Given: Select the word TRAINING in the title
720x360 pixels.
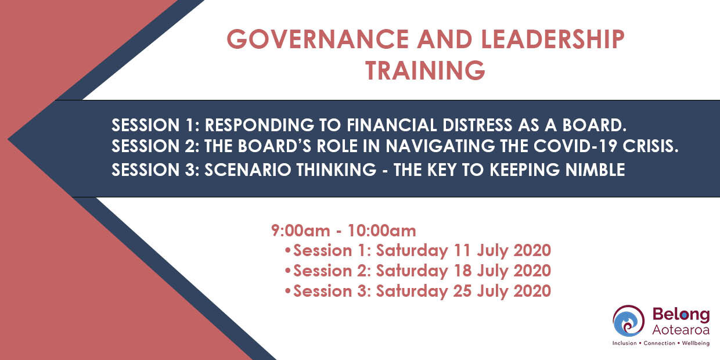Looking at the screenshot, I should [x=425, y=70].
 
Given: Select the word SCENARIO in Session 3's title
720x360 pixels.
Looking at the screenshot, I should [x=244, y=170].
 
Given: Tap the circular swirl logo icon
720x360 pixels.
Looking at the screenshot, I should [x=628, y=321].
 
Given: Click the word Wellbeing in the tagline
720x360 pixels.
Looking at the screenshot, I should [x=694, y=343].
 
